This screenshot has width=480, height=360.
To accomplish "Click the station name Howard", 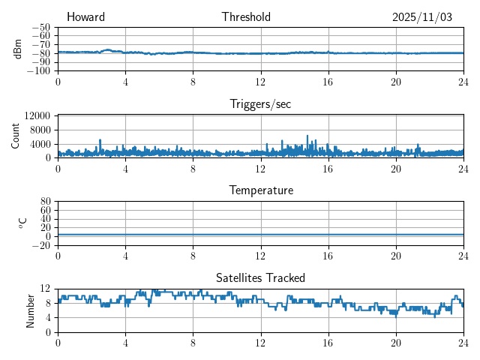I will point(85,17).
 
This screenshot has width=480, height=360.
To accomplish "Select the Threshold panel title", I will point(246,17).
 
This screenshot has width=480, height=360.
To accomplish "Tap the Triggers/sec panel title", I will point(260,104).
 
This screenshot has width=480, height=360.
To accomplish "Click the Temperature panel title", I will point(260,190).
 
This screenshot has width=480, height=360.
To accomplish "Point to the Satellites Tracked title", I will point(260,277).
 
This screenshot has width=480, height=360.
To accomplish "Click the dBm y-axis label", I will point(17,49).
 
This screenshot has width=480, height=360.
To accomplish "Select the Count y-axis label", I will point(16,136).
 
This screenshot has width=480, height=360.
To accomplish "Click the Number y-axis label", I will point(31,310).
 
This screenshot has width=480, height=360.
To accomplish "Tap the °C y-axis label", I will point(22,223).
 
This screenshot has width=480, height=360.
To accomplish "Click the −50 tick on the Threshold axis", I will point(41,27).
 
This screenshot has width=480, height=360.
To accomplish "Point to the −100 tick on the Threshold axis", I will point(39,71).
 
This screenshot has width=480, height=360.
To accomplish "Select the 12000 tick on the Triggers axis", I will point(37,116).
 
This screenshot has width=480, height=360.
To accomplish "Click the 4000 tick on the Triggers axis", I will point(40,144).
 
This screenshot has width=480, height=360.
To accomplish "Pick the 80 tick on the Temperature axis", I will point(46,202).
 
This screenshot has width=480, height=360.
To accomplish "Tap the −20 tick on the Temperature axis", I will point(41,245).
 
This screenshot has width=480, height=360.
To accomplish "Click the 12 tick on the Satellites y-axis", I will point(46,289).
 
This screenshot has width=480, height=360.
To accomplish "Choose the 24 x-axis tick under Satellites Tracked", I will point(463,342).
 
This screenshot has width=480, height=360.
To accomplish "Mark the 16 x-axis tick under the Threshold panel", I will point(328,81).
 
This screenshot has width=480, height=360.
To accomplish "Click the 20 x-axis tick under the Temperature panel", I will point(395,255).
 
